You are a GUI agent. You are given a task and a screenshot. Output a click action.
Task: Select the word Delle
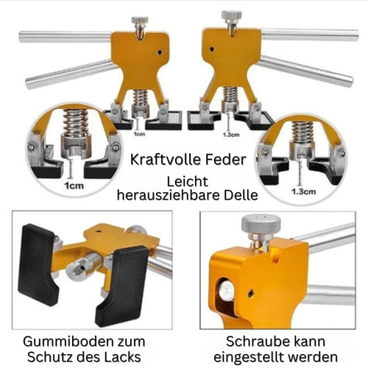(241, 195)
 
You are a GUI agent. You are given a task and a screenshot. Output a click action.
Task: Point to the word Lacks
(124, 357)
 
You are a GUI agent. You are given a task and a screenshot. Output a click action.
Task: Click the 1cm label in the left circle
(74, 185)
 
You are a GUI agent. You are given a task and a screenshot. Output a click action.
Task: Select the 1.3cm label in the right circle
(303, 191)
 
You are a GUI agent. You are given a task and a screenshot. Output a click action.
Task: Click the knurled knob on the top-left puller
(140, 20)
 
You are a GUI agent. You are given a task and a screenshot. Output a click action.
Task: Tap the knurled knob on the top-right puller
(231, 15)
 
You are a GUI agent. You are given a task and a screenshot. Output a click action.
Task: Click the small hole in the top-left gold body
(160, 52)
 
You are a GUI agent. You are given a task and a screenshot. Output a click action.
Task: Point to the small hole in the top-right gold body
(212, 49)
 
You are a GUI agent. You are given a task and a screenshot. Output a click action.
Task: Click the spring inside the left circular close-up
(75, 124)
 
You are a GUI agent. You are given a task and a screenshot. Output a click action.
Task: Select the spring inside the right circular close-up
(302, 132)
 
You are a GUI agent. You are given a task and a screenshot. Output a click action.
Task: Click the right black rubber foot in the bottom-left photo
(123, 286)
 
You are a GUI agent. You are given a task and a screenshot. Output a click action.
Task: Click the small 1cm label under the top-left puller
(139, 134)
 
